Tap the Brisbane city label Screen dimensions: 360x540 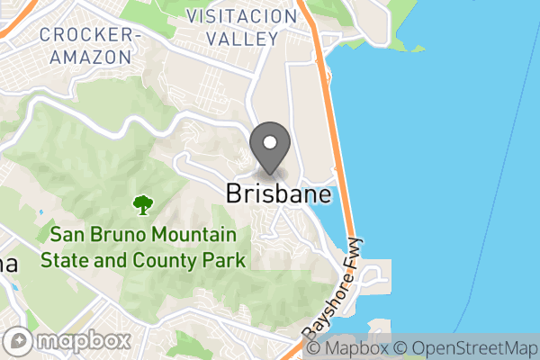pos(278,194)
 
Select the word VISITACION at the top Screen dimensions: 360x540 pos(240,17)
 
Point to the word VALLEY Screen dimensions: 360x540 pos(241,39)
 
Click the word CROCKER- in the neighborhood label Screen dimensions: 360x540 pos(90,35)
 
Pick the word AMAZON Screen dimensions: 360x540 pos(90,57)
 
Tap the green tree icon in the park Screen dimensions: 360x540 pos(142,206)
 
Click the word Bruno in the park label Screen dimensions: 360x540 pos(113,236)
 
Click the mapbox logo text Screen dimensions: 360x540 pos(82,341)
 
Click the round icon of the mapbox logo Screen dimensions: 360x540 pos(19,341)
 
